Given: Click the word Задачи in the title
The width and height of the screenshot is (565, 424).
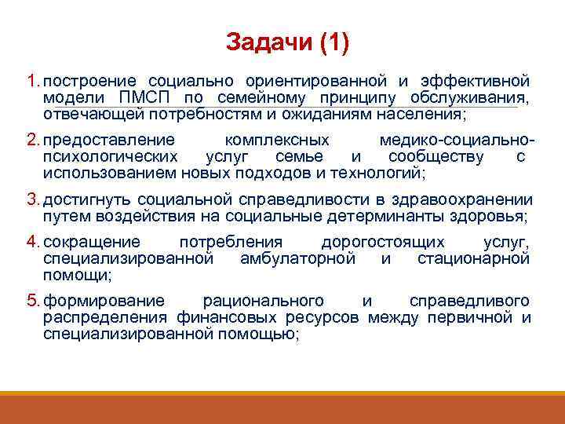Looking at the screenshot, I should click(268, 42).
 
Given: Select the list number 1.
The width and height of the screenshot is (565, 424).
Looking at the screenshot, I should click(32, 81).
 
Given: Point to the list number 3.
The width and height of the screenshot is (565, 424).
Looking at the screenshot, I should click(32, 199).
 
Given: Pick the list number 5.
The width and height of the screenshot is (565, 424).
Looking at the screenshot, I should click(32, 301).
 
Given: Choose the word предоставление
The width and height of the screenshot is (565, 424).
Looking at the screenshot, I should click(109, 140).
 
